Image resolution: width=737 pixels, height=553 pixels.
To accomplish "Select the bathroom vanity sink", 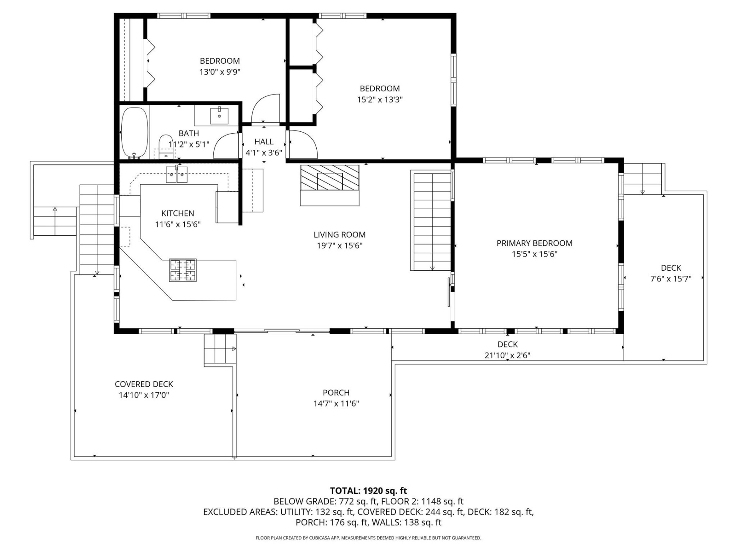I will (219, 116).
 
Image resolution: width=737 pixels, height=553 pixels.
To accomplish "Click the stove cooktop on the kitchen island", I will (183, 270).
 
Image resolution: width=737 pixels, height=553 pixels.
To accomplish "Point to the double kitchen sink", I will (177, 175).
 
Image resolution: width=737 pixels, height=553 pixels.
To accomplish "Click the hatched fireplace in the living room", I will (330, 178).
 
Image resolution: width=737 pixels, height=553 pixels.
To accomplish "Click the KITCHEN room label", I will (178, 213).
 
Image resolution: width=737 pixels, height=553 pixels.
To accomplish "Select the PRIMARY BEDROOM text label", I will (534, 243).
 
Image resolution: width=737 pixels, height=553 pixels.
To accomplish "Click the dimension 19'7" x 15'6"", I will (339, 245).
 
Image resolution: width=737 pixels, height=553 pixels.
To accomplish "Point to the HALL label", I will (264, 142).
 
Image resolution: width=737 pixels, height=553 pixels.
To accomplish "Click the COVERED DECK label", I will (144, 384).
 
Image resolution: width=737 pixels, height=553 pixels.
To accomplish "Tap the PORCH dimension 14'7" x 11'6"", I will (336, 403).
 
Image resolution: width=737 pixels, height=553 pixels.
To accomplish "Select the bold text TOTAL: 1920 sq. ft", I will (368, 490).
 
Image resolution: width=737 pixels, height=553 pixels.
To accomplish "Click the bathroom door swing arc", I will (226, 146).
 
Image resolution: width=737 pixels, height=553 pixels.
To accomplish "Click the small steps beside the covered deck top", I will (219, 349).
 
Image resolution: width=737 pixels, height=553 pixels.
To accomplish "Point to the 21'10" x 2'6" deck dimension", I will (507, 355).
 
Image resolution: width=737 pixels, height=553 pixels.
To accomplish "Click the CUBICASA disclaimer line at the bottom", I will (368, 538).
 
